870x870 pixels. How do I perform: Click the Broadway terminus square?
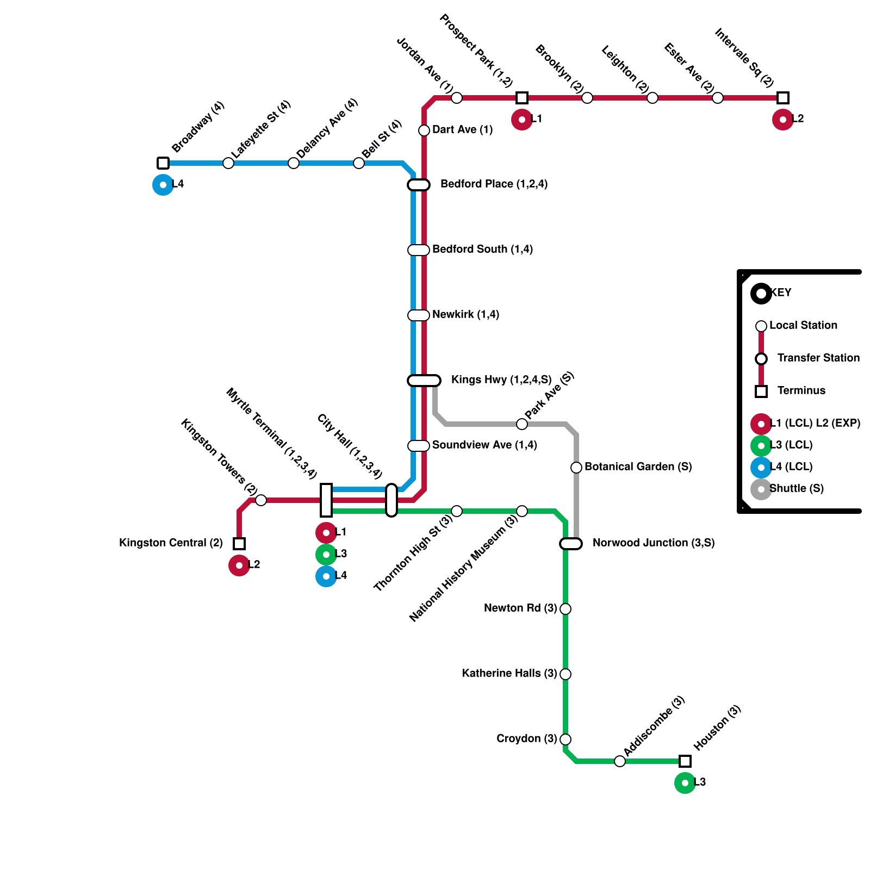click(163, 163)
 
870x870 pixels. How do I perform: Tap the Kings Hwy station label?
click(501, 380)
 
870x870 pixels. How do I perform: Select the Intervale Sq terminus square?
click(783, 98)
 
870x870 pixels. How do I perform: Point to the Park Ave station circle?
click(522, 424)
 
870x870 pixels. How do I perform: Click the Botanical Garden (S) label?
click(638, 467)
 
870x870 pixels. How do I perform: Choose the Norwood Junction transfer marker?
click(571, 544)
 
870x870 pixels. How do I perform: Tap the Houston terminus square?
click(685, 761)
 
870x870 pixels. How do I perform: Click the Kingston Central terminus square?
click(239, 544)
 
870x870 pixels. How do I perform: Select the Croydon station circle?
click(565, 739)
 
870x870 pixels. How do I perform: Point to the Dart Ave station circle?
click(424, 130)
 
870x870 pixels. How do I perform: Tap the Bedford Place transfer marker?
click(419, 185)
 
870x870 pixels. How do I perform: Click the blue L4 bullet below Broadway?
click(163, 185)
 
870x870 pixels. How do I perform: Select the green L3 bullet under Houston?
click(685, 783)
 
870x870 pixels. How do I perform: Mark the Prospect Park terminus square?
click(522, 98)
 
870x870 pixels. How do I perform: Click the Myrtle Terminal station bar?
click(326, 500)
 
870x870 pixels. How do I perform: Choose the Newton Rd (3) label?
click(520, 608)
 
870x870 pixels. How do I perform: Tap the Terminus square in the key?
click(761, 391)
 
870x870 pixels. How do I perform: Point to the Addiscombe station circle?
click(620, 761)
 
